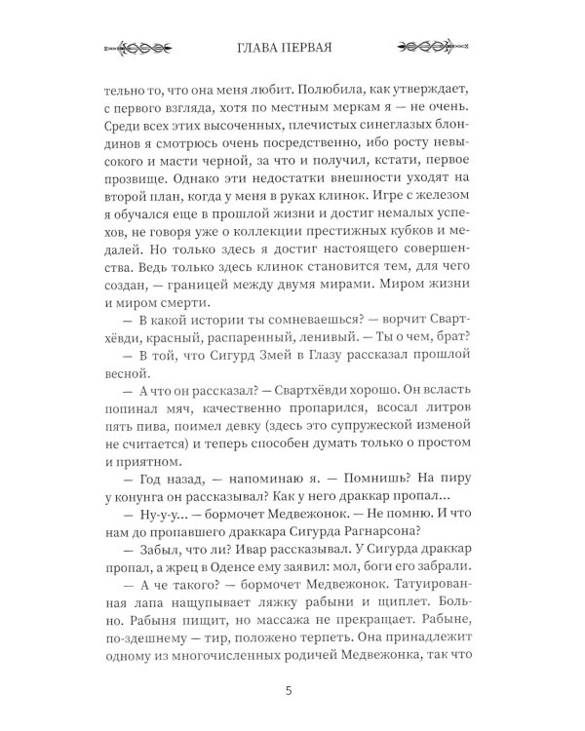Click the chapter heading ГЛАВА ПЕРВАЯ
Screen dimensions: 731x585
[292, 47]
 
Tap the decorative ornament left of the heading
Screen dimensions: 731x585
[139, 47]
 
